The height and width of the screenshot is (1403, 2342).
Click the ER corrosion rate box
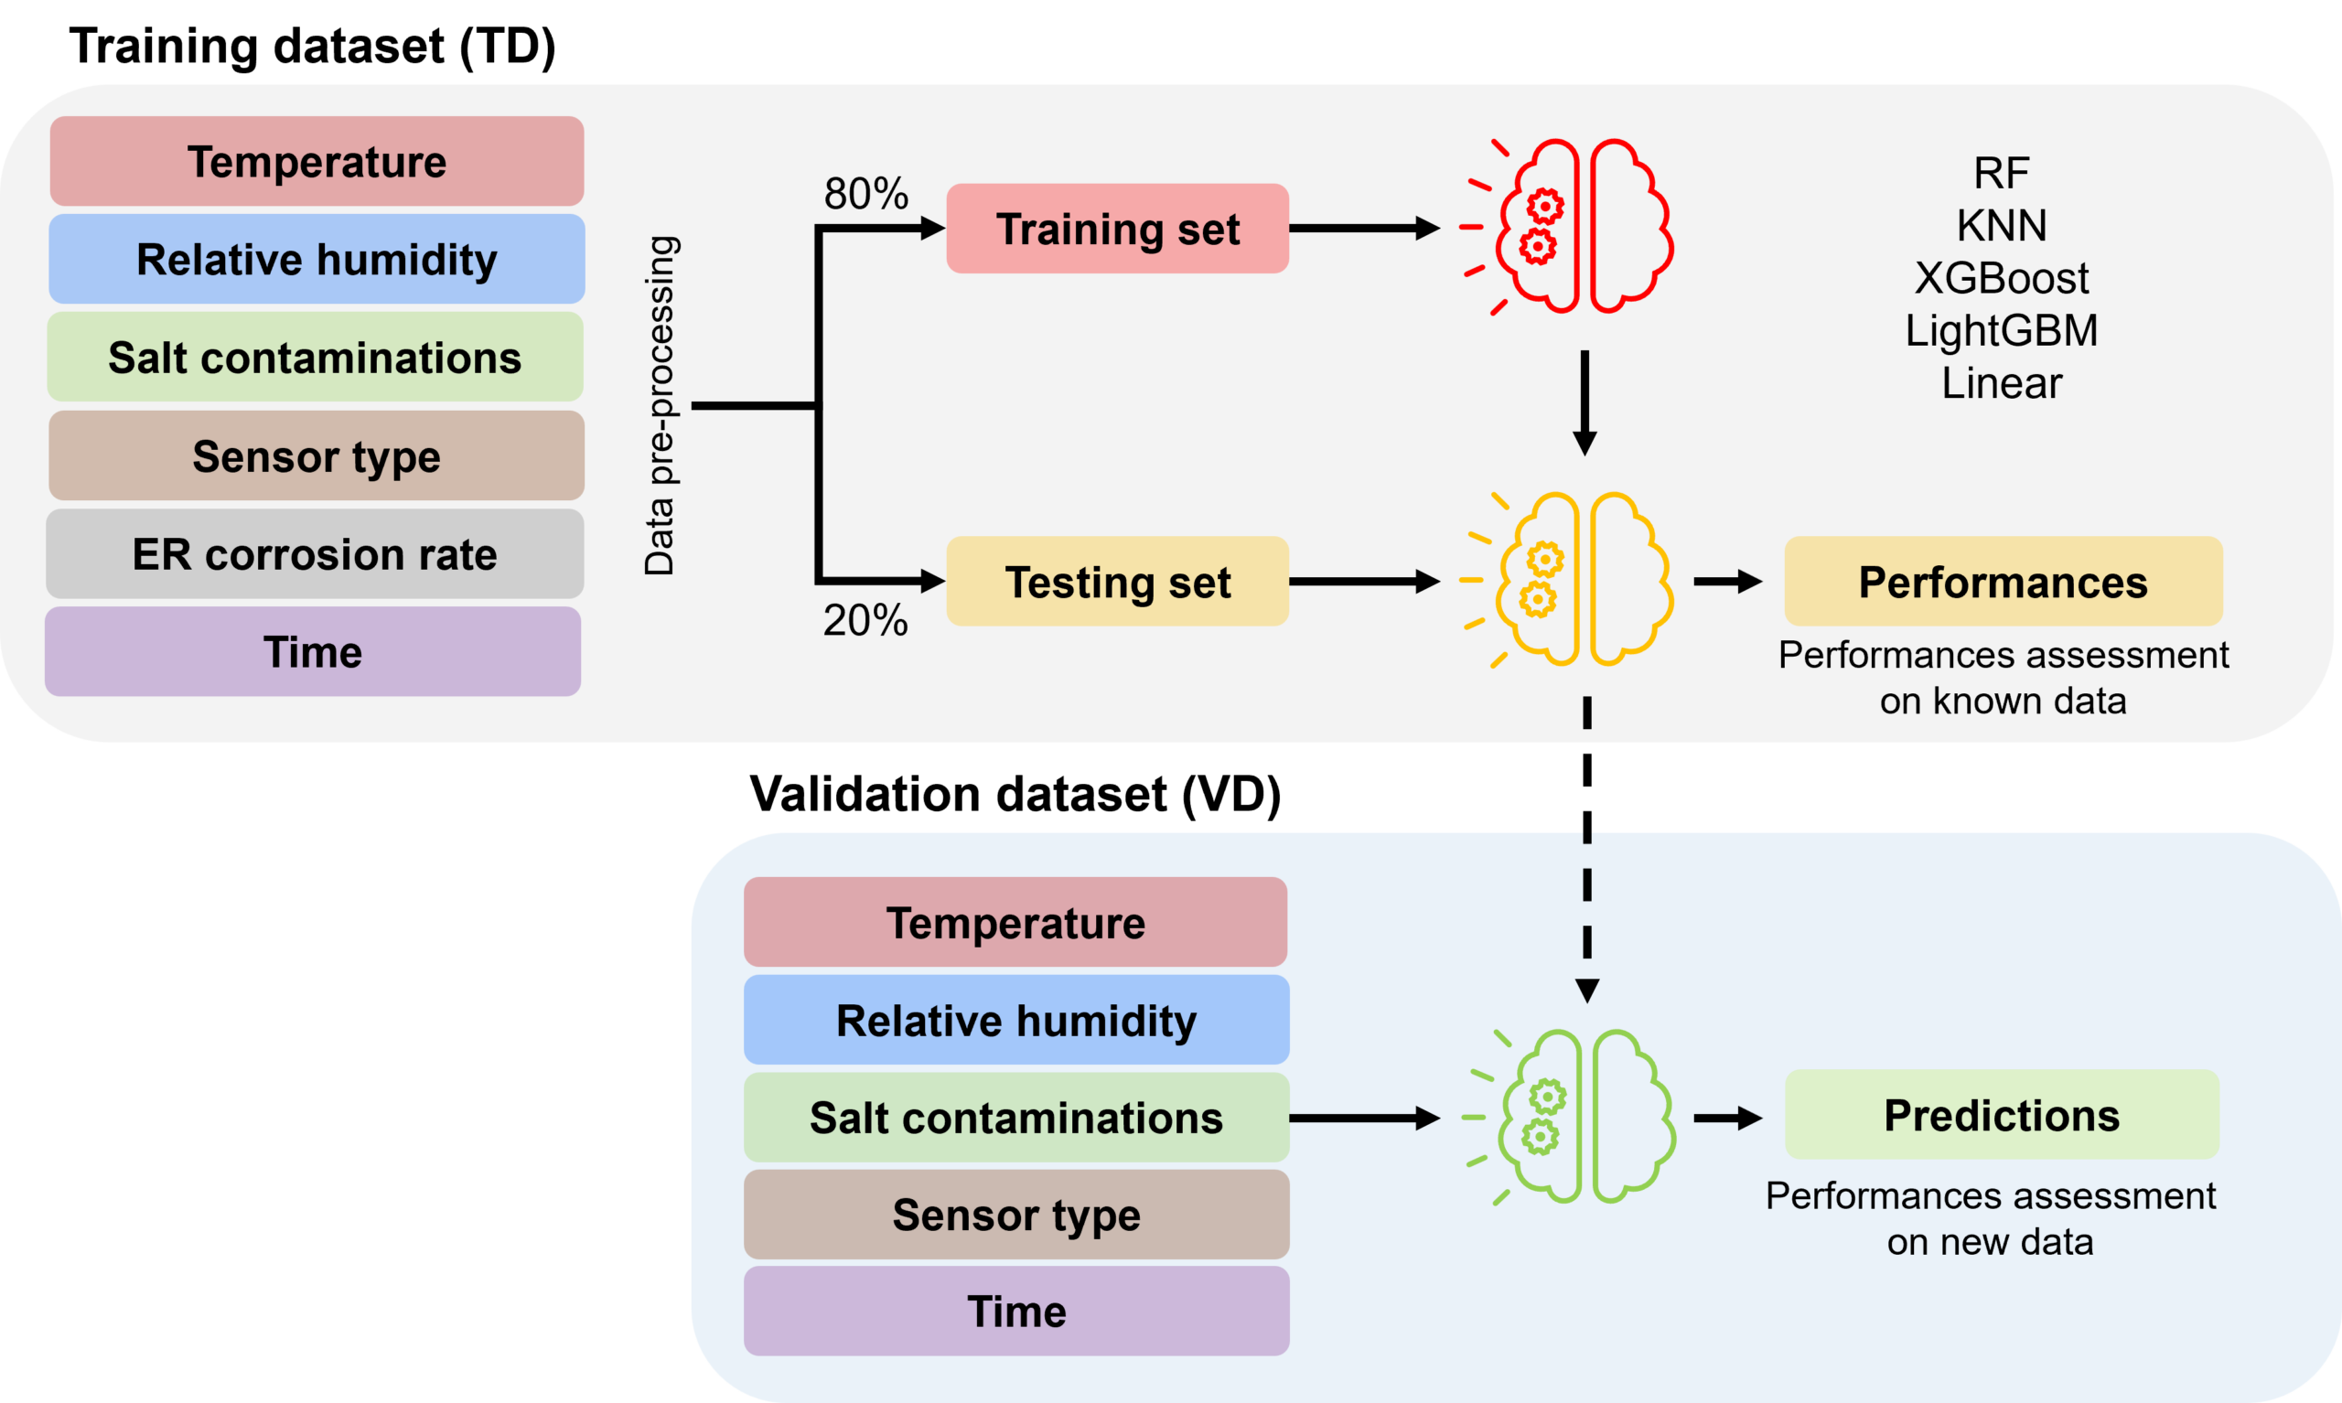[x=315, y=554]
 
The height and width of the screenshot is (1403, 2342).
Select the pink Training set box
[x=1118, y=229]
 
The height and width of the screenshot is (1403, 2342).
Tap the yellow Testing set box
[x=1118, y=582]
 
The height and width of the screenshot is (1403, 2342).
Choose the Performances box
[x=2004, y=582]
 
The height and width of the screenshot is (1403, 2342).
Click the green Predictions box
[x=2003, y=1115]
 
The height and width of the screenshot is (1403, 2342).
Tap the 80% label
[x=866, y=194]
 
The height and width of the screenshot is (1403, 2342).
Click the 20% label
[x=865, y=621]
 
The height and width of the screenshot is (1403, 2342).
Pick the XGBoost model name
[x=2002, y=278]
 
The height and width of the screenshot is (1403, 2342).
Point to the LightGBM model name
[x=2002, y=331]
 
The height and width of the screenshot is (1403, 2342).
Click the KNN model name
[x=2002, y=226]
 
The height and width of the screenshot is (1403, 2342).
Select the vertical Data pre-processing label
[x=659, y=405]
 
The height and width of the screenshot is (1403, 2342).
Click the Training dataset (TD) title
[x=313, y=47]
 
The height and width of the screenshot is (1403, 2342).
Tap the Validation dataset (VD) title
[x=1015, y=794]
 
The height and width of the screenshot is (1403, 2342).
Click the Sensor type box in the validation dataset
[x=1016, y=1215]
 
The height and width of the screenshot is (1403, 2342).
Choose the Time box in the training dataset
[x=313, y=652]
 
